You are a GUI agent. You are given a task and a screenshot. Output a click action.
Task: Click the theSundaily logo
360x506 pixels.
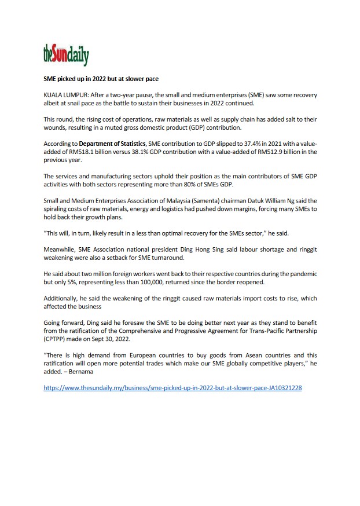pos(66,55)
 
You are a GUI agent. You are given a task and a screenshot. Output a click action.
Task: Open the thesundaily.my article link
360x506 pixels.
pos(172,387)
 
